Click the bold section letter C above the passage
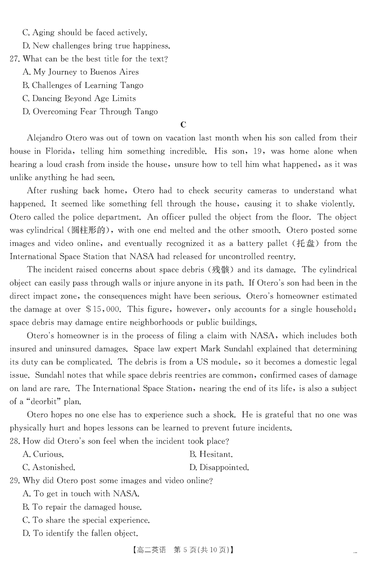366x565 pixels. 183,124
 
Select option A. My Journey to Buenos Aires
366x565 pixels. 80,72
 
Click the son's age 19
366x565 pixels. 253,151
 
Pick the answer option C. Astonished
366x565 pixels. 48,468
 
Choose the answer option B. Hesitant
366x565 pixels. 211,455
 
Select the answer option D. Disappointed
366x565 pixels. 219,468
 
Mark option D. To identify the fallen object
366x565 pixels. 80,533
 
